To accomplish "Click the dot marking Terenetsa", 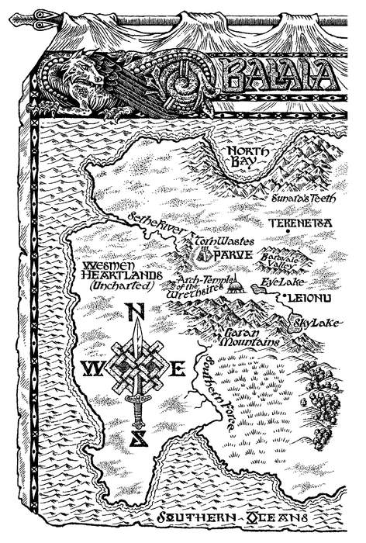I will [286, 231].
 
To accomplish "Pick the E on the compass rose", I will [177, 368].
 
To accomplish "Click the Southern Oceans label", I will [232, 519].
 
